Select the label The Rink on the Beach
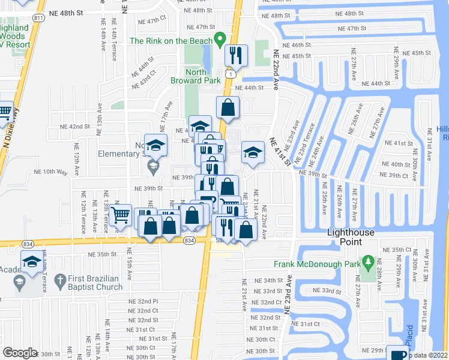click(171, 41)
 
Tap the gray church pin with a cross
click(59, 280)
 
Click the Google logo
click(20, 353)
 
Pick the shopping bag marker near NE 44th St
click(228, 108)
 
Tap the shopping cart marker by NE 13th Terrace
click(121, 215)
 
